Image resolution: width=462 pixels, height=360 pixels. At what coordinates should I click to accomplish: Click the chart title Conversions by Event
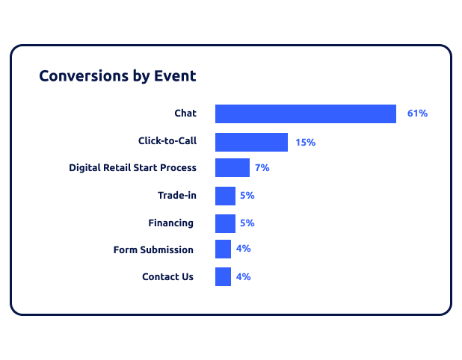point(117,76)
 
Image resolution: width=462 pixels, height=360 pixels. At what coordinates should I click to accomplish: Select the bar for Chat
point(306,114)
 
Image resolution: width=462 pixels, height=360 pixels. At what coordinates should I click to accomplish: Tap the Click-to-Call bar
point(251,142)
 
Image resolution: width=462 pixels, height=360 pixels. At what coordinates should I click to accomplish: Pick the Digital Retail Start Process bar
point(232,168)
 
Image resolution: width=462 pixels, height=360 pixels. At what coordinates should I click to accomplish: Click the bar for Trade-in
point(226,196)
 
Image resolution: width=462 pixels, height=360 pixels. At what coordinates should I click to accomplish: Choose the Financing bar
point(226,224)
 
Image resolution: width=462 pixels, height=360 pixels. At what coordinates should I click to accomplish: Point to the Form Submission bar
point(223,249)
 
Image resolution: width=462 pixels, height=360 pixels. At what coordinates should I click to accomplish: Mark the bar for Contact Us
point(223,276)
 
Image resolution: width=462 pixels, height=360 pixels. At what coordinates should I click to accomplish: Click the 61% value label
point(417,114)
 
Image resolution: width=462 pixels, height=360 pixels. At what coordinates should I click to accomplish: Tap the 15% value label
point(306,143)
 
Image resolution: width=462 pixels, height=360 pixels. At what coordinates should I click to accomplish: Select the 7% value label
point(262,168)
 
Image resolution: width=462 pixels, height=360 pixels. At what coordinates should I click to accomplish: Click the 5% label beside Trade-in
point(247,196)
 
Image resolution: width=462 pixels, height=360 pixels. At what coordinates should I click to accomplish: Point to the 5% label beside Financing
point(247,223)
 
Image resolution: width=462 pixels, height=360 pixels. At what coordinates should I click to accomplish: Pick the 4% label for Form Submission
point(244,249)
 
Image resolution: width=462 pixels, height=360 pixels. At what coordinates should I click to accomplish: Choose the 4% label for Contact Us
point(244,276)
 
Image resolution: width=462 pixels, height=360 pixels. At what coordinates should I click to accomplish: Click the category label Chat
point(185,113)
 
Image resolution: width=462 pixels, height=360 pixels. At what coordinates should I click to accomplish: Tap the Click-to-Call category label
point(167,140)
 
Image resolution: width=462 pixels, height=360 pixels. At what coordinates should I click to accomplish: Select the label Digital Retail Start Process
point(132,167)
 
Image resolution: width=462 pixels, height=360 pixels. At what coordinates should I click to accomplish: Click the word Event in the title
point(175,76)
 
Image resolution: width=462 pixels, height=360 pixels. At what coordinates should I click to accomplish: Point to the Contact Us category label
point(168,276)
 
